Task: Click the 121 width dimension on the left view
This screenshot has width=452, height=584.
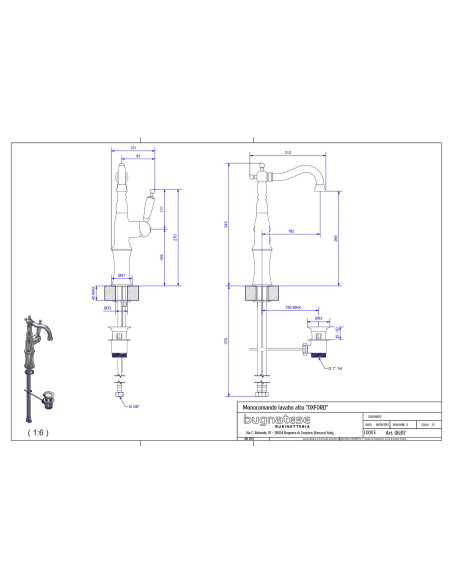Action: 134,150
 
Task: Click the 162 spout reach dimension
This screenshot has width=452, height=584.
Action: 289,231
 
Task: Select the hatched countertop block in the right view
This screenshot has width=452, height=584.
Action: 262,292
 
